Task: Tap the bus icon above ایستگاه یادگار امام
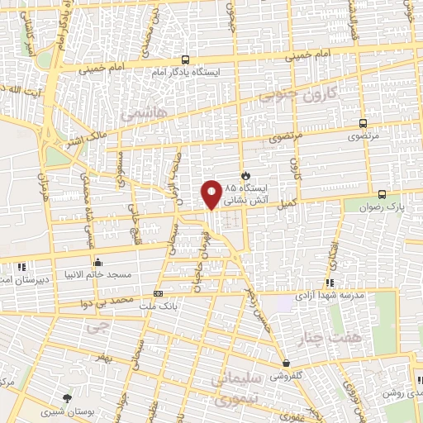coord(185,60)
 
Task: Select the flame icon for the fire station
coord(245,175)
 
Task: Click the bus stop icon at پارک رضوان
coord(381,194)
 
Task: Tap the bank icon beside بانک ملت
coord(159,293)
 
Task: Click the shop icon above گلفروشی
coord(286,363)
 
